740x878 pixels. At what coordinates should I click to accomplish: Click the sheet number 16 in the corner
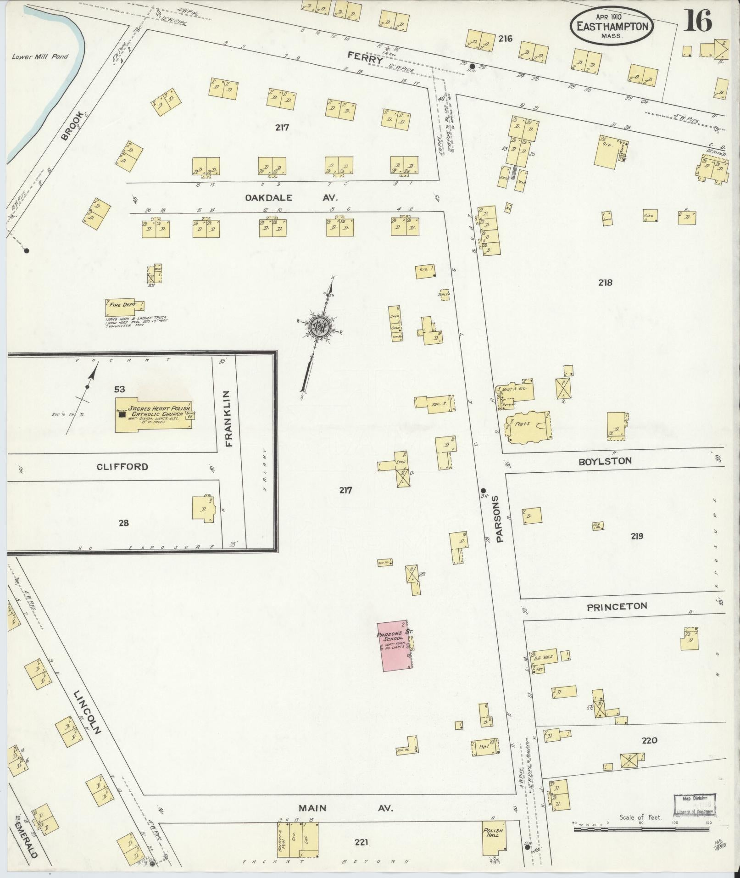click(697, 21)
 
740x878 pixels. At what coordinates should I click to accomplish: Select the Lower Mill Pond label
click(40, 56)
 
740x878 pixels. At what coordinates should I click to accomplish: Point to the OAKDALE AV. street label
click(291, 198)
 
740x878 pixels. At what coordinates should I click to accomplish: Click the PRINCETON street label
click(617, 606)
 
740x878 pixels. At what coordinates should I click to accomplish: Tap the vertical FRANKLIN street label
click(229, 418)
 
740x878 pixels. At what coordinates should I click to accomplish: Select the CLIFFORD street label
click(122, 467)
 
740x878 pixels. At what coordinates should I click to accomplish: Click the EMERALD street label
click(28, 834)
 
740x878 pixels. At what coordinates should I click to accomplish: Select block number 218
click(605, 283)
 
